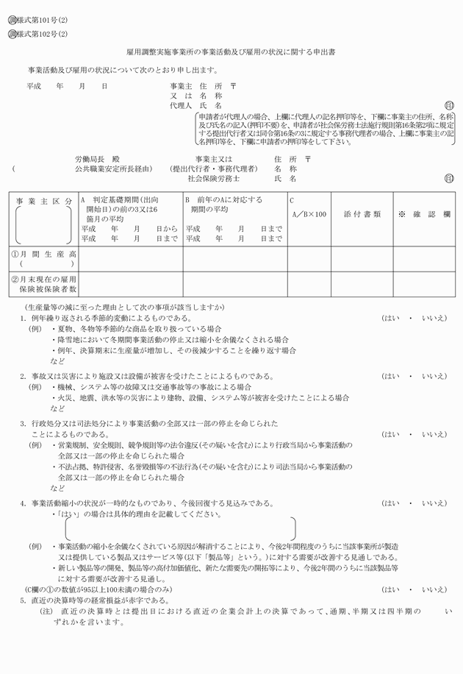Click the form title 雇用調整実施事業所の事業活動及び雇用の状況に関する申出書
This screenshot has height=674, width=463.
coord(231,53)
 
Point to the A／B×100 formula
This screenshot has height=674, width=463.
coord(308,214)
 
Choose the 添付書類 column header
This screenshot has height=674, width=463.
coord(362,214)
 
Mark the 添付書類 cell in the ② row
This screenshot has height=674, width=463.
coord(362,283)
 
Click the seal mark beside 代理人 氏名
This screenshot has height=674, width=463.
coord(449,106)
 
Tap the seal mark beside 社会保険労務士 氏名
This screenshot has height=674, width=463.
coord(449,178)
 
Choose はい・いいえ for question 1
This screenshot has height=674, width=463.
coord(414,318)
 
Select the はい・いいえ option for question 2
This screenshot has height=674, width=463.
coord(414,376)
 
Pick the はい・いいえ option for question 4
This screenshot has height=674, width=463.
coord(414,503)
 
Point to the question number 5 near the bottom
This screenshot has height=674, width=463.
coord(23,600)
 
